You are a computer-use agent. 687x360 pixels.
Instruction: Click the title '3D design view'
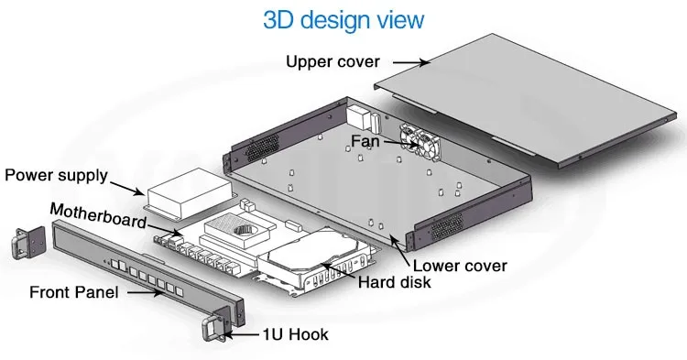tap(343, 20)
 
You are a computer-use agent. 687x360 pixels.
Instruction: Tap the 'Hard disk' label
tap(395, 282)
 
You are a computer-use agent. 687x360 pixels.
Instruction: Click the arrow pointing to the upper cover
tap(412, 62)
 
